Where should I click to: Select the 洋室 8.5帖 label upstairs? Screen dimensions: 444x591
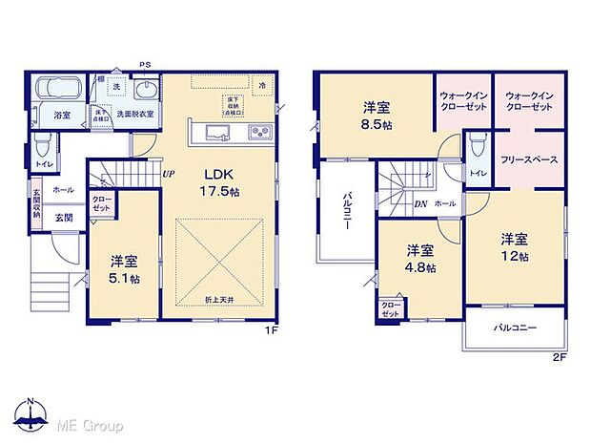[x=375, y=116]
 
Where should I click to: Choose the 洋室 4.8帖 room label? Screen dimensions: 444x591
[x=418, y=259]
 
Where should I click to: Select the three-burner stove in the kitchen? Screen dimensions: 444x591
[x=259, y=132]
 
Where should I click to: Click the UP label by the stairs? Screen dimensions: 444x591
[x=168, y=175]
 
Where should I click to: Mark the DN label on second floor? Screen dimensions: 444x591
[x=420, y=204]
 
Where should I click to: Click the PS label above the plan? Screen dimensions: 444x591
[x=145, y=65]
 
